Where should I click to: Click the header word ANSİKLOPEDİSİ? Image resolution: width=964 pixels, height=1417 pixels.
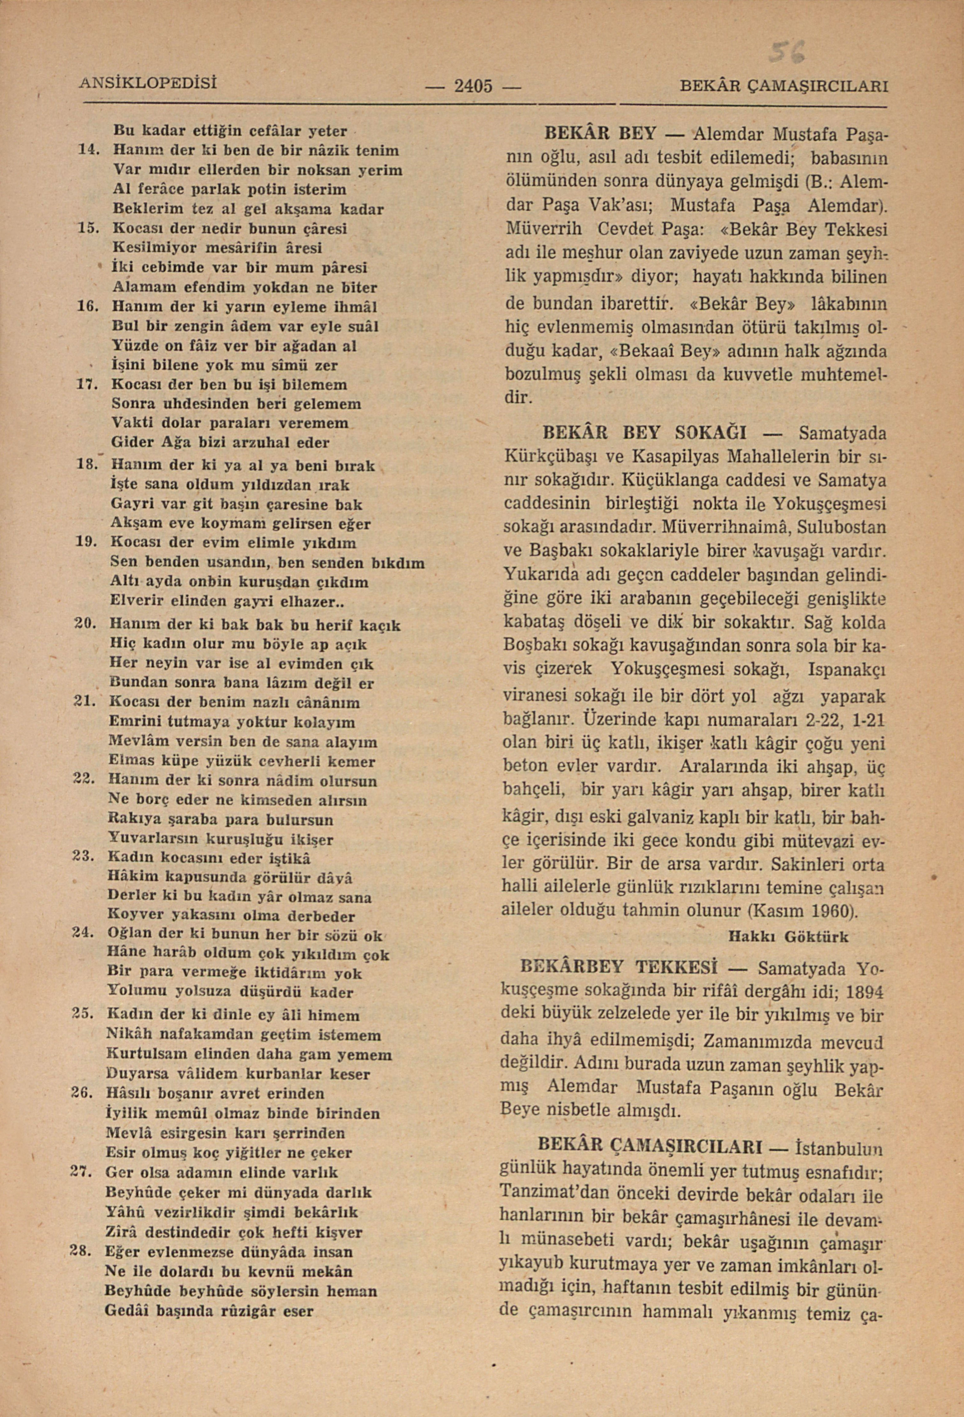tap(148, 82)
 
